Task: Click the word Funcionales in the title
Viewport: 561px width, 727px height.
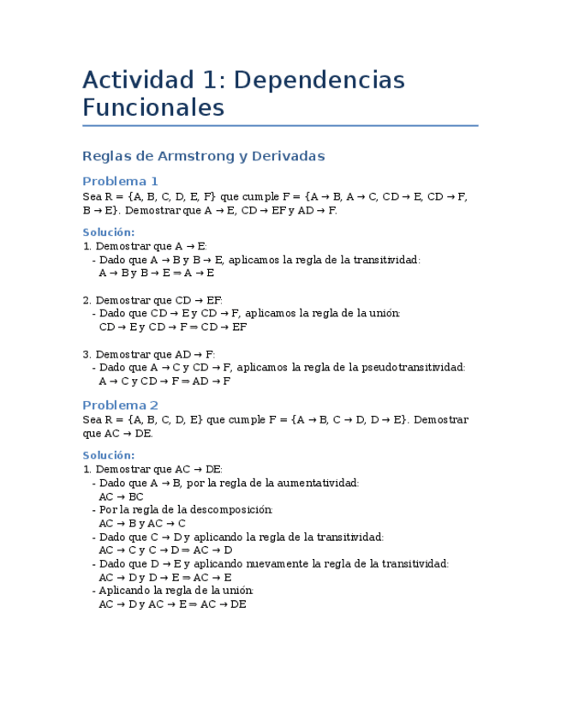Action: pos(153,108)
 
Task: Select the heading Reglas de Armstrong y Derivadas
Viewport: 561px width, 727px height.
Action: pos(203,156)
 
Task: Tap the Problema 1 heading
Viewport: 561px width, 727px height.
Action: pos(120,181)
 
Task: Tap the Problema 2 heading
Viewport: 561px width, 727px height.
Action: pos(120,405)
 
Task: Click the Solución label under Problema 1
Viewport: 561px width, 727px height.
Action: pos(108,232)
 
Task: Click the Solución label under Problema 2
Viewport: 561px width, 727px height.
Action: pos(108,455)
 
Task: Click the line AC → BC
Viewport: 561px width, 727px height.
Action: pos(121,496)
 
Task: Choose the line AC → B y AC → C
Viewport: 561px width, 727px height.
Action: pos(142,524)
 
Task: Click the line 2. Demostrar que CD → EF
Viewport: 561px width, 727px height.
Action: pos(152,300)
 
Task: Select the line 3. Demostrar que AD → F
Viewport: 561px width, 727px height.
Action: pos(149,354)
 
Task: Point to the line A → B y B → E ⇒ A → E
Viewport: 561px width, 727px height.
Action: pos(156,273)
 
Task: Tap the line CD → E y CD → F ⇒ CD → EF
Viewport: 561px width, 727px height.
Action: pos(173,327)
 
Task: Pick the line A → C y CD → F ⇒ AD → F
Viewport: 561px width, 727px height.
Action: pos(164,382)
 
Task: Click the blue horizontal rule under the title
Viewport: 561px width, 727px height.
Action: pos(280,126)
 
